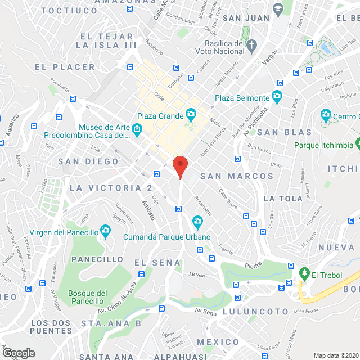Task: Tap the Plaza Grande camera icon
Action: [191, 115]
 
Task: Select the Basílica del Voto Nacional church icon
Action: [252, 44]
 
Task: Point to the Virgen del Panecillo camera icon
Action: [105, 231]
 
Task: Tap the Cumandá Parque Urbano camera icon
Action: [197, 221]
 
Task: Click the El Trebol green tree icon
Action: [304, 274]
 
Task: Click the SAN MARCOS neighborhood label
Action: [237, 176]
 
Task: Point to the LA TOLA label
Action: [279, 199]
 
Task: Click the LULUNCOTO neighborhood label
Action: [247, 311]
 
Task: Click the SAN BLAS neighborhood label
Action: [284, 132]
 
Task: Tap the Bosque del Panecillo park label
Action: [87, 297]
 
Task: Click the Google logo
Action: [19, 353]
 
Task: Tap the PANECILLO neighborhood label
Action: [97, 259]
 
